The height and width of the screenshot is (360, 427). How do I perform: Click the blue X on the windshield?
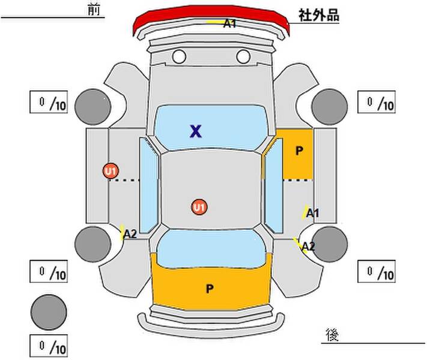(x=196, y=131)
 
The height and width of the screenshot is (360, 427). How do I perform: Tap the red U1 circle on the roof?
(x=199, y=207)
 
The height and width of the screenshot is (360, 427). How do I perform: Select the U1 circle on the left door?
(x=111, y=171)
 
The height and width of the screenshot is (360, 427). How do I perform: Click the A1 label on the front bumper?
(x=229, y=23)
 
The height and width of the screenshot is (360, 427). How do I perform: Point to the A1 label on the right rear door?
(x=312, y=213)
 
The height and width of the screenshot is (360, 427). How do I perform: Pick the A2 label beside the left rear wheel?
(x=130, y=234)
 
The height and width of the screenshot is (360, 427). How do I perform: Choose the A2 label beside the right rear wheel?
(x=308, y=247)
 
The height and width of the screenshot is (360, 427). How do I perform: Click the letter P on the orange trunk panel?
(x=210, y=289)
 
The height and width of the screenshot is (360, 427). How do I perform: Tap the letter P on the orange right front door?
(x=299, y=151)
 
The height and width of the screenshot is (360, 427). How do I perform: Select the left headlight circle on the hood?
(x=179, y=56)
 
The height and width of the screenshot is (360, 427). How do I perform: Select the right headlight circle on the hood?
(x=243, y=56)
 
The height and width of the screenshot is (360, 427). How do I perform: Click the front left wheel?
(x=93, y=107)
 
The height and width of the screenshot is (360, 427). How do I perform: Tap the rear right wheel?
(x=330, y=244)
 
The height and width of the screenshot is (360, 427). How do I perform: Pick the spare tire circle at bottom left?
(x=49, y=312)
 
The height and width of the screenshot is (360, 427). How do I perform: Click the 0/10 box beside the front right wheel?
(x=377, y=102)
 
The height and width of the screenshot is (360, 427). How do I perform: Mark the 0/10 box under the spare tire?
(x=49, y=346)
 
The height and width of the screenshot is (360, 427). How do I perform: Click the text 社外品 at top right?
(x=319, y=15)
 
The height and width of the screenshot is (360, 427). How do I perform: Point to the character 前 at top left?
(x=94, y=10)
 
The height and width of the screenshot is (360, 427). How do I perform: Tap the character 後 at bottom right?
(x=332, y=335)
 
